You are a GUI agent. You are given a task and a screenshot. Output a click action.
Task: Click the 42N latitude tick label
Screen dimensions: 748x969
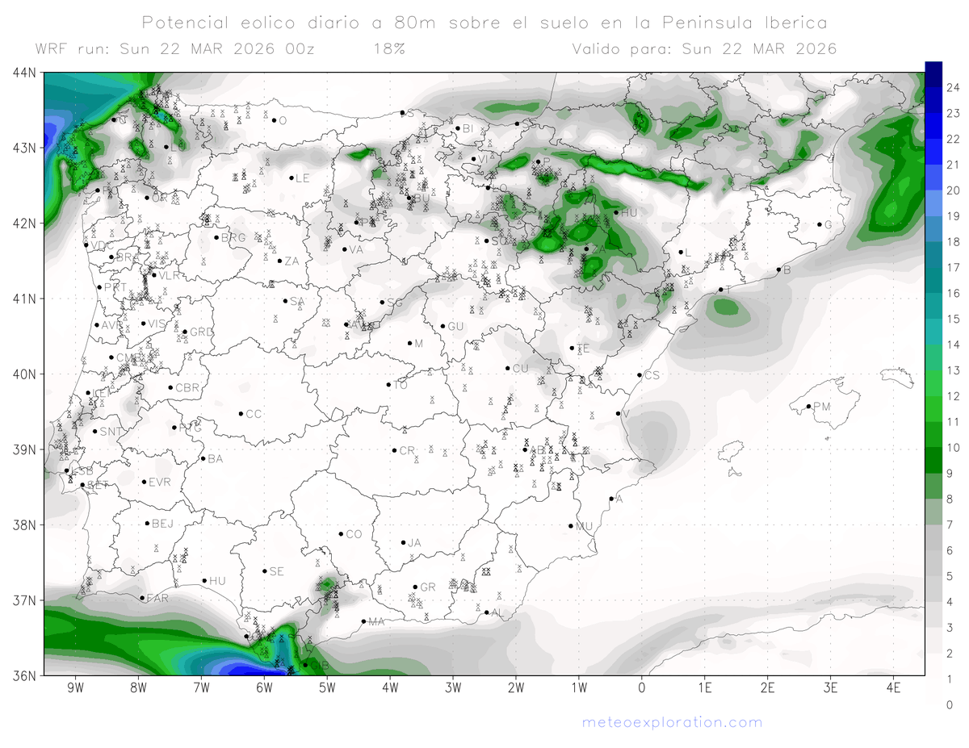(24, 224)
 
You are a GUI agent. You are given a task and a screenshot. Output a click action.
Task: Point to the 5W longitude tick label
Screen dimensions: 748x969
(327, 688)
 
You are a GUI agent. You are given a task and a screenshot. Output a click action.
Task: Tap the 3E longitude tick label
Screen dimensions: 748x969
(830, 688)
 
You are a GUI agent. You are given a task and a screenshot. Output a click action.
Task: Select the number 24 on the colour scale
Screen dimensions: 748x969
(952, 87)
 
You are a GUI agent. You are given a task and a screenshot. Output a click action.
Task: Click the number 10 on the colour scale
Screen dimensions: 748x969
(952, 447)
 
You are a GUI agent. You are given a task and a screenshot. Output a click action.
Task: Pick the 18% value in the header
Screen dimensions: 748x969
(388, 48)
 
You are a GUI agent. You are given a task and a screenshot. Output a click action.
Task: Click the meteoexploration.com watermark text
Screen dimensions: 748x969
(672, 722)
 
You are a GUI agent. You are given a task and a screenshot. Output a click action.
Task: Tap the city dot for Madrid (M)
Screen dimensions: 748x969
(409, 343)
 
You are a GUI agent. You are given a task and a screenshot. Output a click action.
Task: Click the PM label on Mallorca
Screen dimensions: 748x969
(821, 407)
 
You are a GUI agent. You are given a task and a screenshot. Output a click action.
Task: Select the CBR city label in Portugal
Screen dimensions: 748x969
(187, 388)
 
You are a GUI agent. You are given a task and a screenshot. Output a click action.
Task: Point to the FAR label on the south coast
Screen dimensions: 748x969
(157, 599)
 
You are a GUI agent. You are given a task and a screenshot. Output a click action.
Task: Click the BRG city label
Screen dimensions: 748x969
(233, 238)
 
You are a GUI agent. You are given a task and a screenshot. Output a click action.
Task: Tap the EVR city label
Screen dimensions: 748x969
(161, 483)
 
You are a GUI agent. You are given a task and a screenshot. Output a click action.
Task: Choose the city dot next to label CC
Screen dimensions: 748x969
(241, 413)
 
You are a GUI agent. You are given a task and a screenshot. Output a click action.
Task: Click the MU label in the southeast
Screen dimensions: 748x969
(585, 527)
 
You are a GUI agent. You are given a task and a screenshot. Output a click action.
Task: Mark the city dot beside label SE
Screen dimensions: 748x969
(264, 570)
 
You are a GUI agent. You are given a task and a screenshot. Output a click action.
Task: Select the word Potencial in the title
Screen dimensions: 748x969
(184, 22)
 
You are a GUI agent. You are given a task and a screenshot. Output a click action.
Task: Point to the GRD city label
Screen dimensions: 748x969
(202, 332)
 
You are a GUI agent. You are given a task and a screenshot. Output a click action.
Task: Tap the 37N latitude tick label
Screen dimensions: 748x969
(24, 600)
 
